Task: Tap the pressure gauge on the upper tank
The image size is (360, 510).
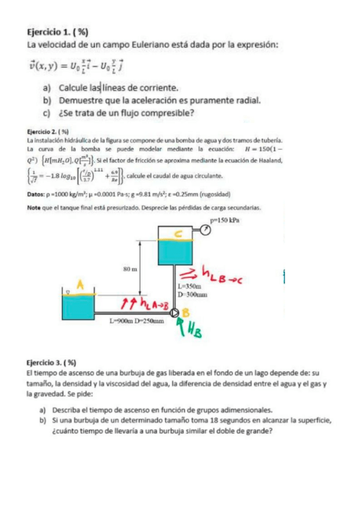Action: pyautogui.click(x=206, y=230)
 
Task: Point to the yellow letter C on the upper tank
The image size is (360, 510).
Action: pyautogui.click(x=178, y=233)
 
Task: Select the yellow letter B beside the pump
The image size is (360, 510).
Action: pyautogui.click(x=186, y=312)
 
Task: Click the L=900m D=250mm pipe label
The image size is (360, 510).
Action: pyautogui.click(x=136, y=322)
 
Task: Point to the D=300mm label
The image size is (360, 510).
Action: pyautogui.click(x=193, y=295)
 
